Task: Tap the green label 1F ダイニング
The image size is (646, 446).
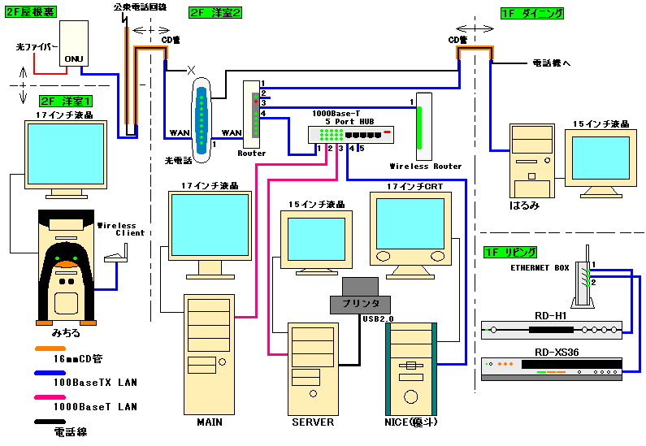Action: pyautogui.click(x=532, y=14)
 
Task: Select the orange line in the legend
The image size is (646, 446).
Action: pyautogui.click(x=51, y=346)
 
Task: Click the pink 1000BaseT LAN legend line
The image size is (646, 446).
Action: pyautogui.click(x=51, y=396)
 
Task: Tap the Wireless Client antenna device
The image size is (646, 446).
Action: pyautogui.click(x=114, y=260)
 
